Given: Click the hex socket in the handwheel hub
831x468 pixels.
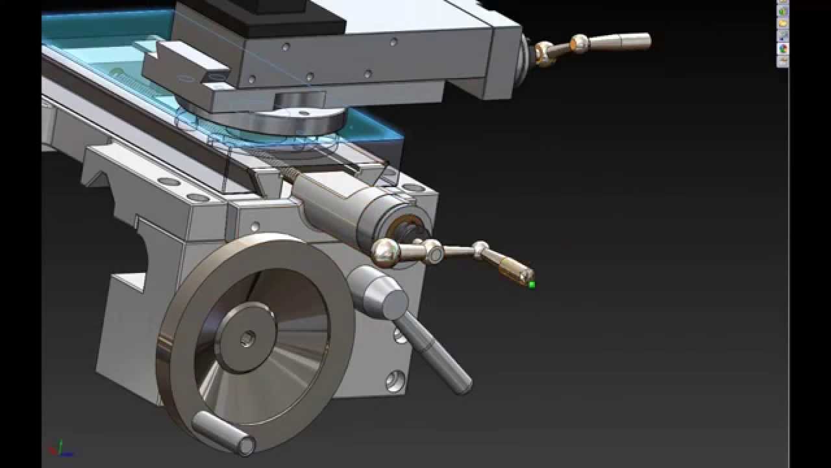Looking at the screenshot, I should (247, 339).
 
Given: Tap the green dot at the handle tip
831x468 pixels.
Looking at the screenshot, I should (532, 284).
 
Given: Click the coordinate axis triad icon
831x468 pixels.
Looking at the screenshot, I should (60, 448).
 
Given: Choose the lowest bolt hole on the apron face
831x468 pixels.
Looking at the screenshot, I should (395, 380).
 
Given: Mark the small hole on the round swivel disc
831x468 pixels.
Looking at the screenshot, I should (303, 113).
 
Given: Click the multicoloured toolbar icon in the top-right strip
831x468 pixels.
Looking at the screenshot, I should (783, 49).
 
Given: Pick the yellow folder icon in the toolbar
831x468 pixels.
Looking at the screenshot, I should (783, 24).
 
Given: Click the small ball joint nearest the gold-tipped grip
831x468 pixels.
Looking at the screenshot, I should (480, 248).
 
